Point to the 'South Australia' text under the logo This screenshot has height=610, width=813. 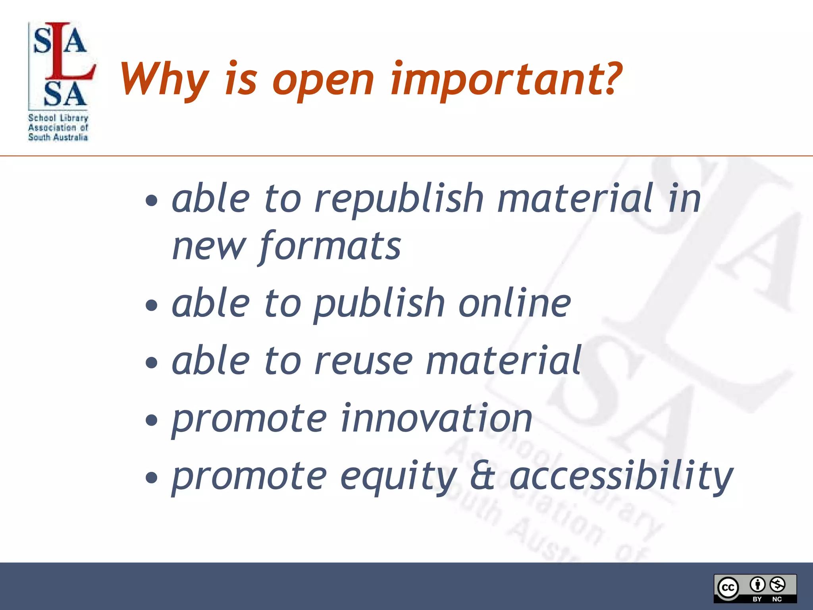pos(58,137)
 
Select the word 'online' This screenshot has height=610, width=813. pos(514,304)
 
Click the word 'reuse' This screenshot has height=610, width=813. pos(364,361)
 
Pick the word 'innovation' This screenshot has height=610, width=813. pos(437,419)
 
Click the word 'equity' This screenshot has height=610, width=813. pos(399,477)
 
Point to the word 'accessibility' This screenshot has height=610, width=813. pos(621,477)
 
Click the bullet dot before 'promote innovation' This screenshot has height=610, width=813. pos(151,420)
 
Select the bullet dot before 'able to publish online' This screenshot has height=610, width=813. pos(151,305)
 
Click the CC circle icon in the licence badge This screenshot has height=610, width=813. pos(728,587)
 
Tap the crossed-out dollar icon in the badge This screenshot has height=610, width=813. pos(777,584)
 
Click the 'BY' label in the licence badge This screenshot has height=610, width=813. pos(757,599)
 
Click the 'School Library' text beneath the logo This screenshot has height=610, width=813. pos(58,118)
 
